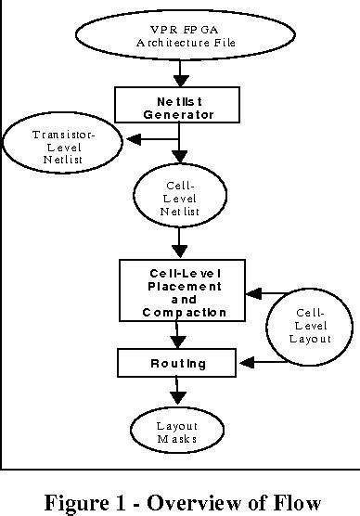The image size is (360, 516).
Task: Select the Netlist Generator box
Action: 179,105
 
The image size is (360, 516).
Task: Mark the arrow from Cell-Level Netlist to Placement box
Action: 180,245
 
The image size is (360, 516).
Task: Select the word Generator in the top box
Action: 179,116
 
